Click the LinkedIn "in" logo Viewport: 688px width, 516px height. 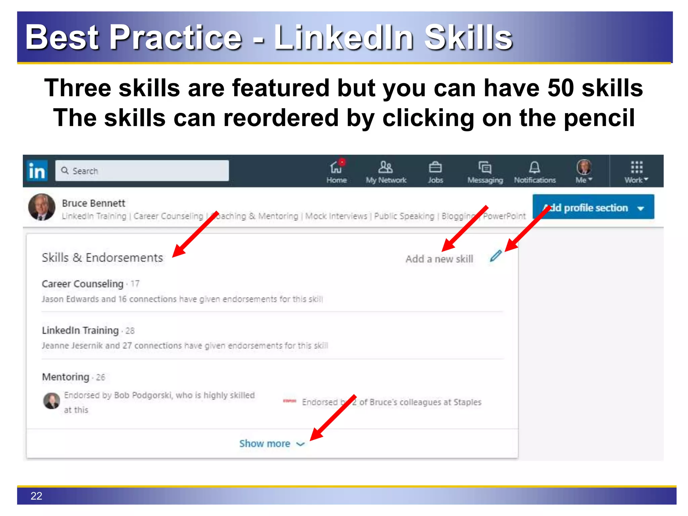click(37, 171)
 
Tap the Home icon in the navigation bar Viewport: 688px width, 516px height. click(336, 167)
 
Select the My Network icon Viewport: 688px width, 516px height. click(385, 167)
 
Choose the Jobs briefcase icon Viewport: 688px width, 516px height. click(435, 167)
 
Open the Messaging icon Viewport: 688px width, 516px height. click(485, 167)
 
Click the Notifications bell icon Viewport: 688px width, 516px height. click(534, 167)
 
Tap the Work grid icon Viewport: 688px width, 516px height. click(636, 167)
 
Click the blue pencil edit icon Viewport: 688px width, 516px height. click(496, 256)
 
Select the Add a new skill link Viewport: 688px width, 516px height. click(439, 259)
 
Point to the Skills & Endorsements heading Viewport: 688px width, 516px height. click(102, 258)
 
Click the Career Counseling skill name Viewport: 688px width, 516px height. click(83, 284)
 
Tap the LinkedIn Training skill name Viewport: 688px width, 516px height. click(80, 331)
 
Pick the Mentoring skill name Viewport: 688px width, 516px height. click(66, 377)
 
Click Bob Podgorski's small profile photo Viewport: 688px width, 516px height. click(52, 401)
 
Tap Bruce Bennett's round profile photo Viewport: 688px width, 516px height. click(42, 207)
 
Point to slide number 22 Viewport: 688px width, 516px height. click(36, 496)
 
